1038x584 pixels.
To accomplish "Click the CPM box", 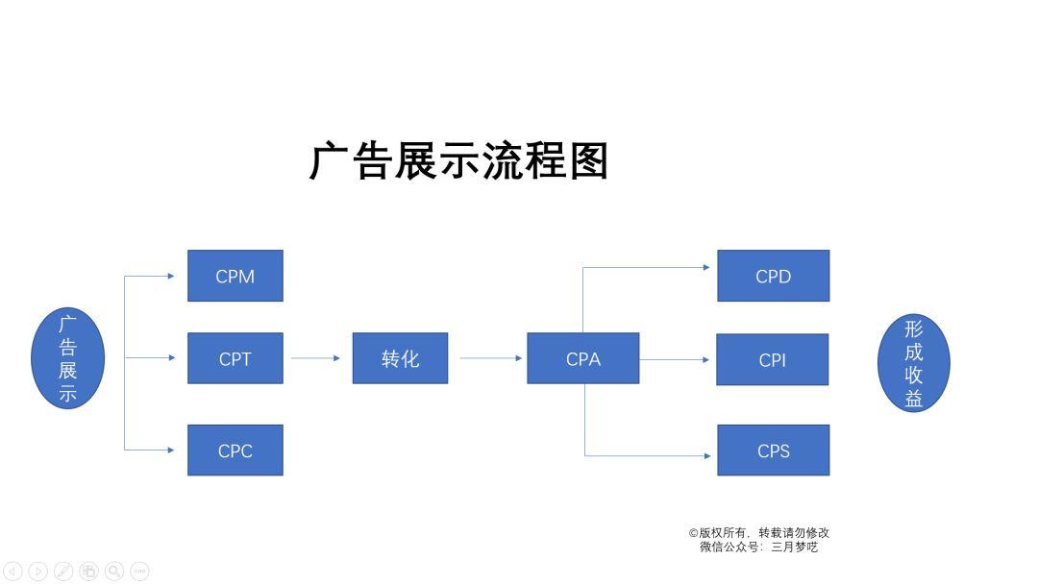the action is coord(235,276).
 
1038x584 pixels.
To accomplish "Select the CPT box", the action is coord(235,358).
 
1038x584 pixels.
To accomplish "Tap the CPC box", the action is coord(235,450).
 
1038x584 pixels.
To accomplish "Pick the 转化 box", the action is coord(400,358).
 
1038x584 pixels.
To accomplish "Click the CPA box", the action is coord(583,358).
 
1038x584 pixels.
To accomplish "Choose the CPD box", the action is coord(773,276).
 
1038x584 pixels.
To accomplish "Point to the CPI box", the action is coord(773,360).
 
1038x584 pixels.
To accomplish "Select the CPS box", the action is coord(773,450).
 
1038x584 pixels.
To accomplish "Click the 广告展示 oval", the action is coord(67,358).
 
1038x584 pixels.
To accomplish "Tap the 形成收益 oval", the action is coord(914,363).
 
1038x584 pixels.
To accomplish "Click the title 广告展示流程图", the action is coord(458,160).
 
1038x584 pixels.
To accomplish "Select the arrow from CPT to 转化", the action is coord(316,358).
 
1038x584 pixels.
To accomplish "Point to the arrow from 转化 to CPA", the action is coord(491,358).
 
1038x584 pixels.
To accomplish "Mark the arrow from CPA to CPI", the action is coord(675,360).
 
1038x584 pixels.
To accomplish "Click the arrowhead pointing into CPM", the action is coord(171,276).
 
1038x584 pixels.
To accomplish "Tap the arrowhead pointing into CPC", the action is coord(171,450).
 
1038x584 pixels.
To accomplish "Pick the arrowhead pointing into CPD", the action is coord(706,267).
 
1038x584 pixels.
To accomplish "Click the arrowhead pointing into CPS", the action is coord(707,455).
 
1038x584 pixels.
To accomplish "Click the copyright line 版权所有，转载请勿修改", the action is coord(758,532).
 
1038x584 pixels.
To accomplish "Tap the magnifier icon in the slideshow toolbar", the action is coord(114,571).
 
